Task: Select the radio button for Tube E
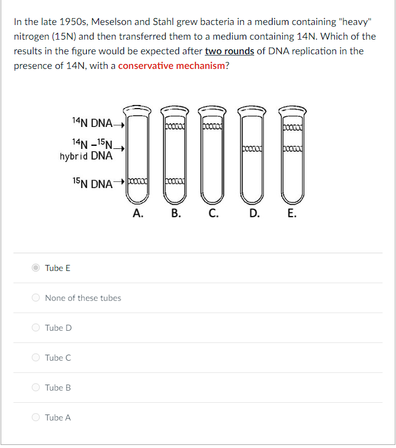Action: [x=36, y=268]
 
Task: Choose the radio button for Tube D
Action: [x=36, y=328]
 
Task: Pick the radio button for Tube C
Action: [x=36, y=358]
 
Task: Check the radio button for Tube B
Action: [x=36, y=388]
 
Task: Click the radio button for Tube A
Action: [x=36, y=417]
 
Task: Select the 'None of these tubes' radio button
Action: [x=36, y=298]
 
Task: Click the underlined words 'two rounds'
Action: [x=229, y=51]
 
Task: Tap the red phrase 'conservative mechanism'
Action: [x=172, y=65]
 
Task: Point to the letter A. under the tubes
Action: [x=138, y=213]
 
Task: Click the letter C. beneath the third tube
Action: [x=213, y=213]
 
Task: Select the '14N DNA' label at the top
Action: [x=92, y=123]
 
